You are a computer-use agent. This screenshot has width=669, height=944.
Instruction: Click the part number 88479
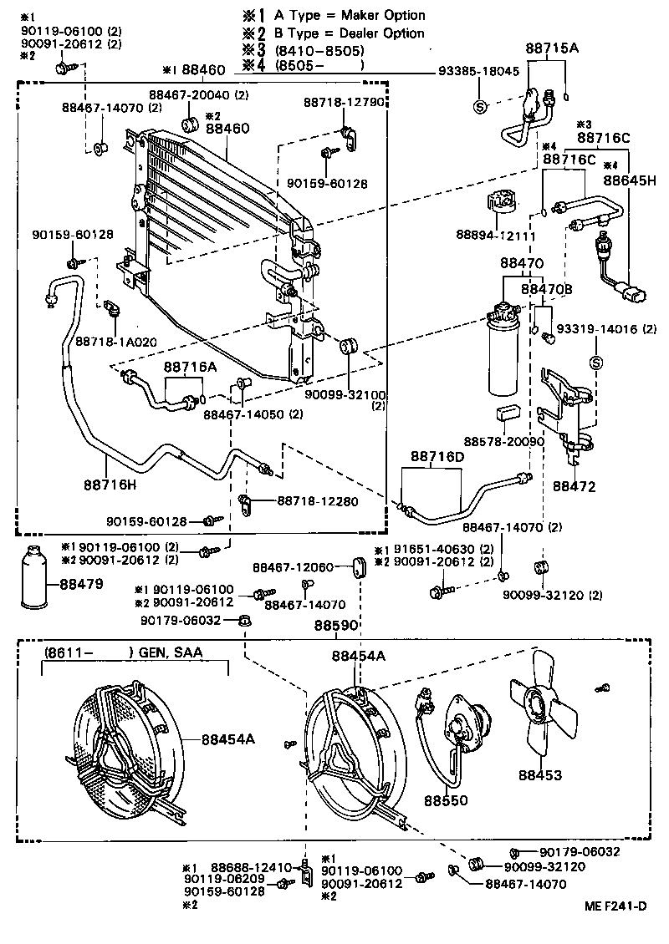click(81, 584)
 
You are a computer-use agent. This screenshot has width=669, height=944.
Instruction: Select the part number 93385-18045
click(478, 73)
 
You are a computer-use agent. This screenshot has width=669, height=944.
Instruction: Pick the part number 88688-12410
click(250, 868)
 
